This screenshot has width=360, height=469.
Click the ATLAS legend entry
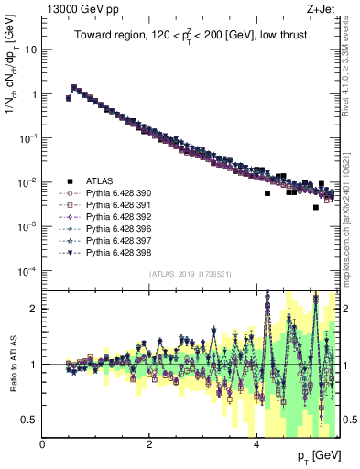(100, 181)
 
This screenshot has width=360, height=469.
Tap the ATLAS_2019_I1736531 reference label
(191, 274)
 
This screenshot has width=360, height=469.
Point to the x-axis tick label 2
(149, 445)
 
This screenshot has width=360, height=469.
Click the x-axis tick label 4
(256, 445)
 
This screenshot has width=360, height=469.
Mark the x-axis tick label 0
(43, 445)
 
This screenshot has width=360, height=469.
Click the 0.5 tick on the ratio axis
(30, 420)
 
